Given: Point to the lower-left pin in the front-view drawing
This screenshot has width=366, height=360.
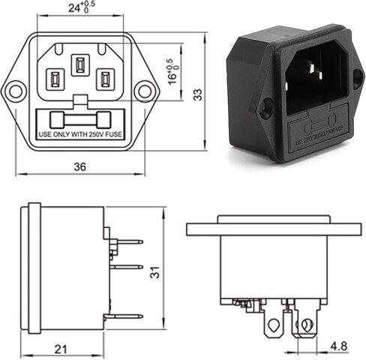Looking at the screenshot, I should (55, 79).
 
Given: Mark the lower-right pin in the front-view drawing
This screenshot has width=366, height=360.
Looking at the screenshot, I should (103, 79).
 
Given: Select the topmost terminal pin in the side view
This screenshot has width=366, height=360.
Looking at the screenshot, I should (127, 241).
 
